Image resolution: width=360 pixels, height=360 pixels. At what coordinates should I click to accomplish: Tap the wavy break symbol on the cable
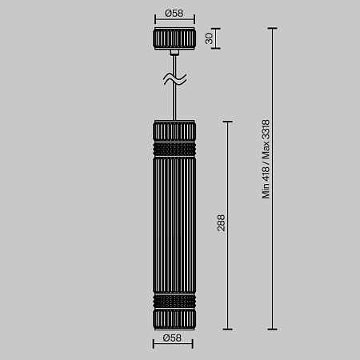[174, 79]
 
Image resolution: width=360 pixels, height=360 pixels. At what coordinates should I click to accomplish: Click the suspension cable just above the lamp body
[174, 104]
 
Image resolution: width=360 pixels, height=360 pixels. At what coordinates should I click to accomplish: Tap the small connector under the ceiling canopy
[174, 53]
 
